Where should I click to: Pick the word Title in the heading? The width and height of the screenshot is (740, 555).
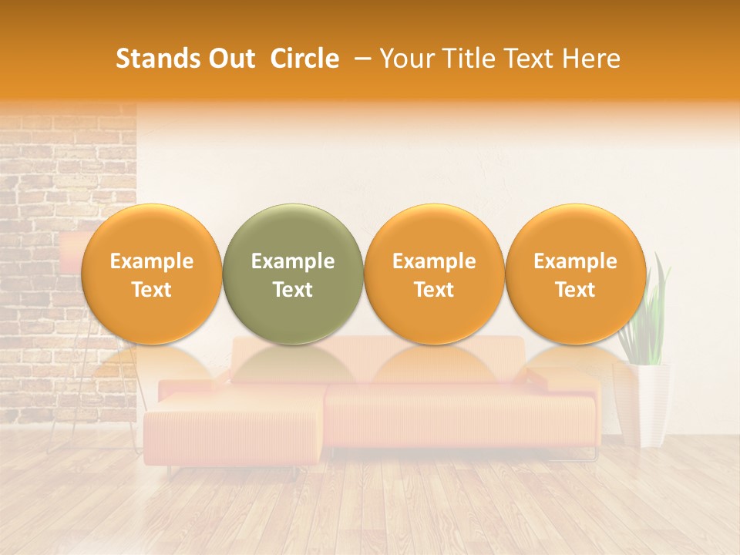pyautogui.click(x=468, y=59)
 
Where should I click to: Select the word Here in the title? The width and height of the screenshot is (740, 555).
pyautogui.click(x=592, y=59)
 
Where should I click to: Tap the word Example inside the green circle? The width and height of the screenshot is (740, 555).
pyautogui.click(x=292, y=261)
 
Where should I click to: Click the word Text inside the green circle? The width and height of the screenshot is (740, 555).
pyautogui.click(x=292, y=290)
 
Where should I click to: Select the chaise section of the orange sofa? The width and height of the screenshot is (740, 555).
pyautogui.click(x=231, y=428)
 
